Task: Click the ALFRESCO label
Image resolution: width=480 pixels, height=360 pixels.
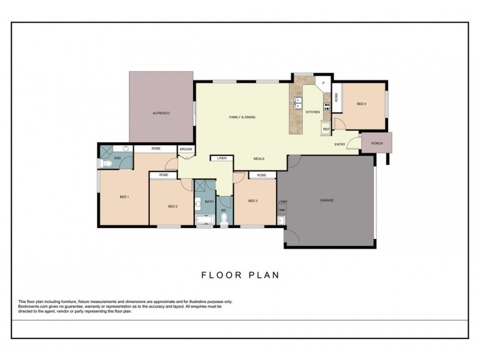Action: point(161,113)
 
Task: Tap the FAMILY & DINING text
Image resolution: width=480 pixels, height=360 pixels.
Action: point(243,117)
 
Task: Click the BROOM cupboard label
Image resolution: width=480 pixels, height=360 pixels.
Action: point(186,148)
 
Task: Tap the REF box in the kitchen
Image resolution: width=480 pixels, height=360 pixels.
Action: point(326,129)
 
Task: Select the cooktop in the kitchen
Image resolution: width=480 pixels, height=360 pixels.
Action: point(327,107)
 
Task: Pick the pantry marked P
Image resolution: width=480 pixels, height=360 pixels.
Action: point(323,83)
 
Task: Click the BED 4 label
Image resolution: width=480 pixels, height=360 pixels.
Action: point(361,104)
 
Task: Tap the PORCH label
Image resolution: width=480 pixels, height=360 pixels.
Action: point(377,143)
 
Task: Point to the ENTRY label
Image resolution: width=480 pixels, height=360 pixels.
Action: point(340,144)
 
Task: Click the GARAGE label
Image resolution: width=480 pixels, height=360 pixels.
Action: point(326,200)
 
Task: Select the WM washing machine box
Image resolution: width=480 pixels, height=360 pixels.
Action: point(281,210)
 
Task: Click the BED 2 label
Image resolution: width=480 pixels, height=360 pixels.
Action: point(172,206)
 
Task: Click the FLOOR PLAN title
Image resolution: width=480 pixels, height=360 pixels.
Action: point(240,275)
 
